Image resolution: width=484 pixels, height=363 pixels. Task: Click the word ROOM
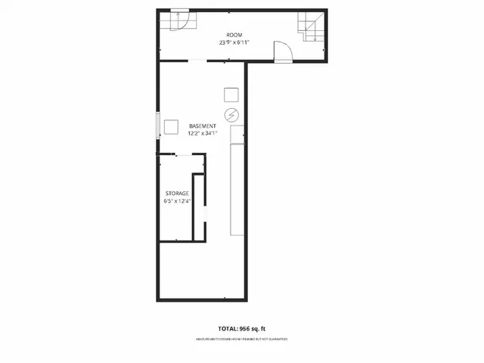[234, 35]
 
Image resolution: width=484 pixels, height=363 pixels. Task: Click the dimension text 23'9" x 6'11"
[234, 43]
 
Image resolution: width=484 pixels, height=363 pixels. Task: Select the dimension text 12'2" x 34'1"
[203, 133]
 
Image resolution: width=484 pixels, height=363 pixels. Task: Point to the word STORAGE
[177, 194]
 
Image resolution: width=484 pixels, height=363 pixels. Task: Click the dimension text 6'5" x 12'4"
[177, 201]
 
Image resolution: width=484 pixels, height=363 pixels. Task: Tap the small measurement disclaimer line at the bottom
[241, 340]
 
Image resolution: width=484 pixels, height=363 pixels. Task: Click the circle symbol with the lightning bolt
[231, 115]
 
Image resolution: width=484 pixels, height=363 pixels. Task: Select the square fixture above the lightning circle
[231, 95]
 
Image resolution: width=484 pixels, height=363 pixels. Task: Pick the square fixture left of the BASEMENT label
[172, 127]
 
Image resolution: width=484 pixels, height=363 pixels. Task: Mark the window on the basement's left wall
[158, 126]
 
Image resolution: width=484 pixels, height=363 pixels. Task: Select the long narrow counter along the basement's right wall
[237, 189]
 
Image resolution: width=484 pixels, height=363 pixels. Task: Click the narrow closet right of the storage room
[200, 208]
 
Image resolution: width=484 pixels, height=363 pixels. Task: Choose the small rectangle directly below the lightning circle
[237, 135]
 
